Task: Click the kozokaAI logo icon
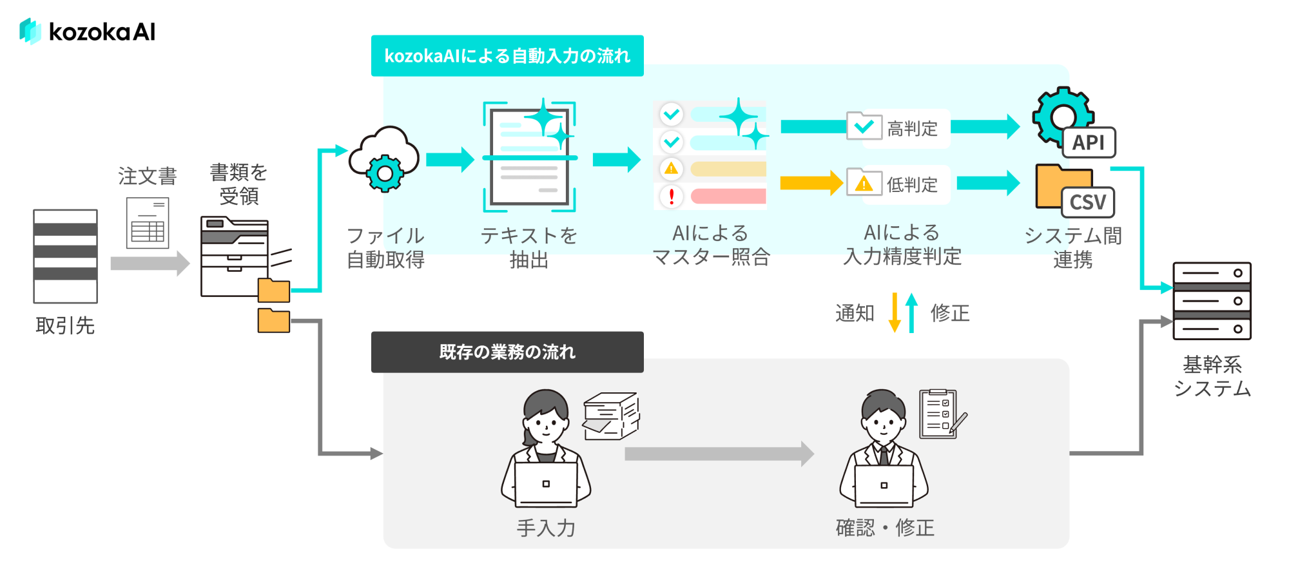30,31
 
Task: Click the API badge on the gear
1089,142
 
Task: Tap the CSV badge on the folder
1088,202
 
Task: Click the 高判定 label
912,129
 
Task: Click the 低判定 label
912,185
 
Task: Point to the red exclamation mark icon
672,196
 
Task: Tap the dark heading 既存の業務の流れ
507,352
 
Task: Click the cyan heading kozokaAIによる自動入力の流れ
507,56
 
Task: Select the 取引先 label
65,325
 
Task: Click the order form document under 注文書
148,223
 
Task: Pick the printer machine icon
235,257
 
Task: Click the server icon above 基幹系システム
1212,301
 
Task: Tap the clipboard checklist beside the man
938,414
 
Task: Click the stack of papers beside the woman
610,416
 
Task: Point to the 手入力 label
546,528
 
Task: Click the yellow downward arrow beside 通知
895,312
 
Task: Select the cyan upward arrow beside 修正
911,312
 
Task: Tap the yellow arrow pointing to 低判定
811,183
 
